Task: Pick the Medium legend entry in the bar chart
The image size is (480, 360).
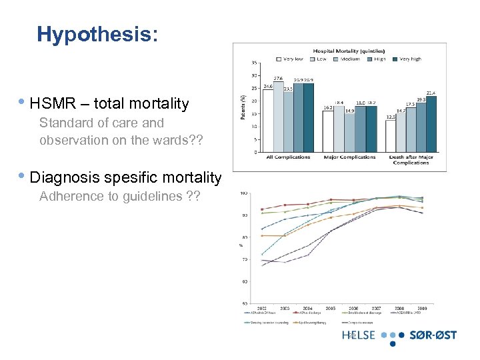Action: (348, 59)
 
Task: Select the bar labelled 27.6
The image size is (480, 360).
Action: (278, 117)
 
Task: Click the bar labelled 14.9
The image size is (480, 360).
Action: (349, 133)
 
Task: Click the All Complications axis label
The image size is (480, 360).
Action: (288, 157)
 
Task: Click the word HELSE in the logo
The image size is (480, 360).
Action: (359, 335)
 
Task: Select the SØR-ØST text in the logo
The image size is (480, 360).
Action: (433, 335)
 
